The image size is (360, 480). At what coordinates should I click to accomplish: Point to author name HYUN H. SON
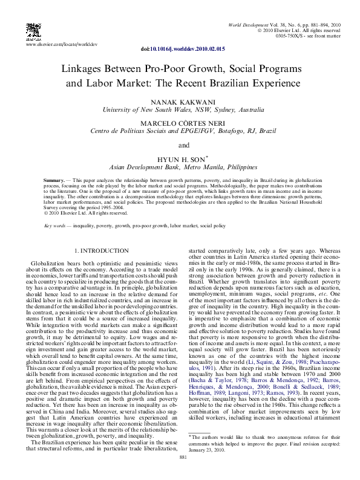click(177, 158)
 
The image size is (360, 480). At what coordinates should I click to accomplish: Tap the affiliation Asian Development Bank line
click(179, 166)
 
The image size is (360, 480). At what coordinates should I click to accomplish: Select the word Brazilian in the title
click(231, 84)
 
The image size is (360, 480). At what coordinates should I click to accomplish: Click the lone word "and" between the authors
click(179, 145)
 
